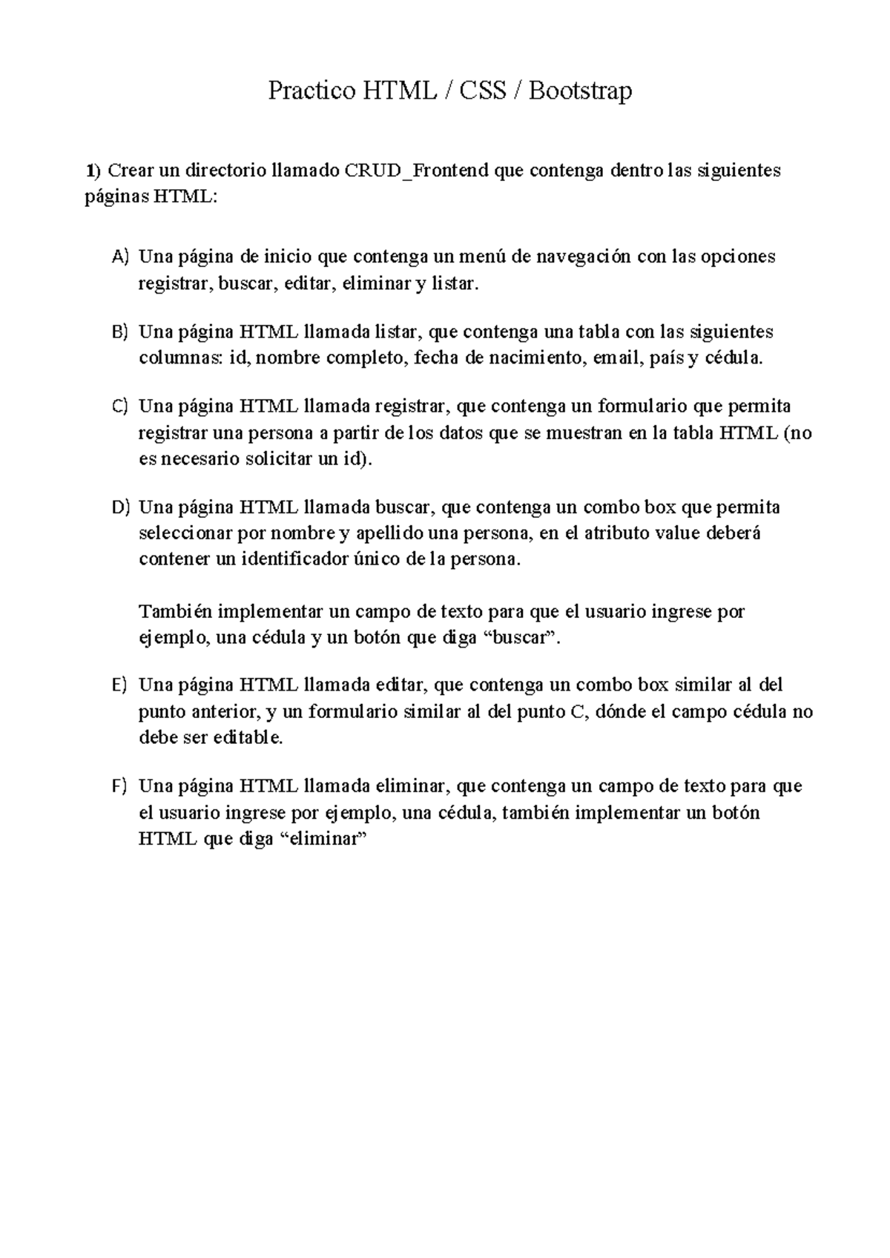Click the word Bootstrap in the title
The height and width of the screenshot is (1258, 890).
(x=581, y=91)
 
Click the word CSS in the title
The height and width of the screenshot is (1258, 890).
(x=483, y=91)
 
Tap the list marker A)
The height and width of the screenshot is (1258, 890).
(x=120, y=257)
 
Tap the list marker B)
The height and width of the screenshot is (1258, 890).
(x=120, y=332)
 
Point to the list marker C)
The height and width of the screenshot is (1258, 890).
(x=120, y=406)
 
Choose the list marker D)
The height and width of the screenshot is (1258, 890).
(x=120, y=508)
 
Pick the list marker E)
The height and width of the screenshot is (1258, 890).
(x=120, y=685)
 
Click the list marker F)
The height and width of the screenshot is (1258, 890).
(x=120, y=786)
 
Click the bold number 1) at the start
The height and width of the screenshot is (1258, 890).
(x=92, y=171)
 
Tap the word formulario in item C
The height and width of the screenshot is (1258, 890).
(x=642, y=406)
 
